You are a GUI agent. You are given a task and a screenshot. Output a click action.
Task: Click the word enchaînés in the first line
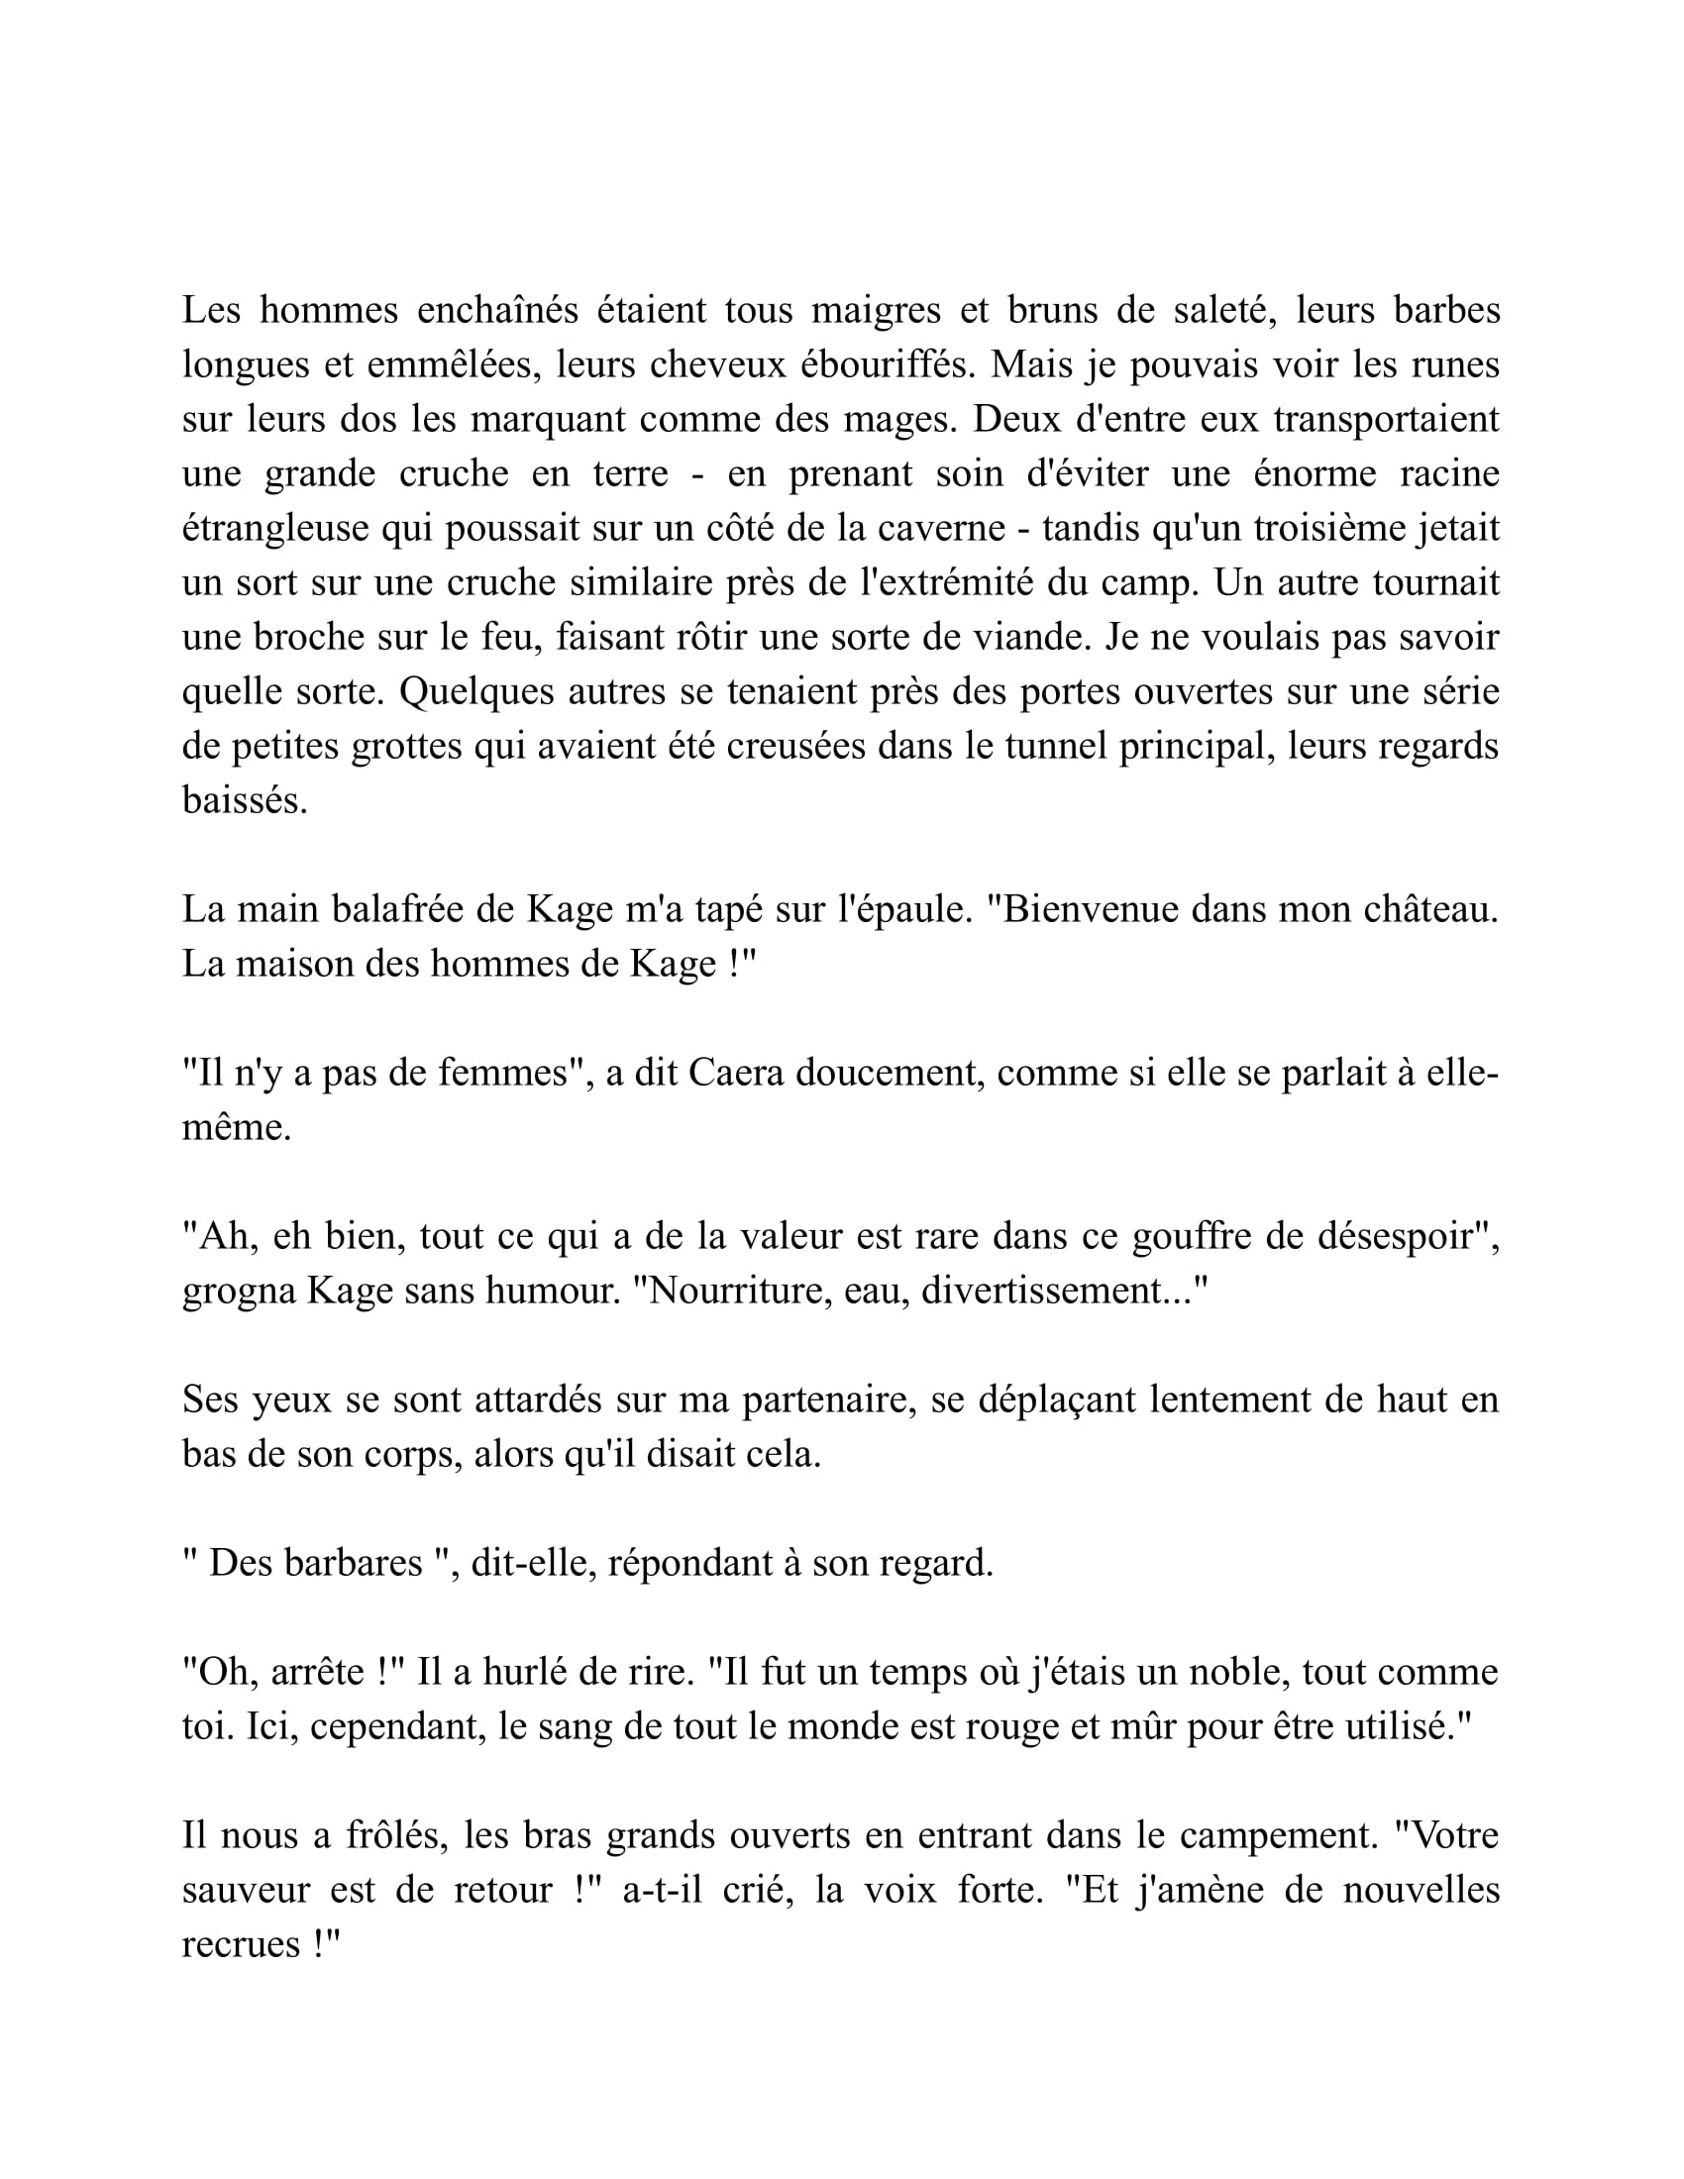tap(497, 310)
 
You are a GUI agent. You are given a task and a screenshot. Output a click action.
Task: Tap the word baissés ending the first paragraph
tap(245, 800)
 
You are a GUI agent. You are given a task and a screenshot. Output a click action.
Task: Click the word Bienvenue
tap(1087, 909)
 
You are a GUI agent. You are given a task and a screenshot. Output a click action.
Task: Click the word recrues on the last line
tap(241, 1944)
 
